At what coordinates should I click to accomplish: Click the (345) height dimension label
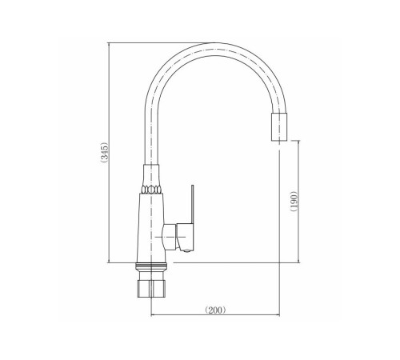104,152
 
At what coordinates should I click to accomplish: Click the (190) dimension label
294,201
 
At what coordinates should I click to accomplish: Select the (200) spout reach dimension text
215,310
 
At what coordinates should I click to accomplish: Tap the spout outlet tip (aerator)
279,126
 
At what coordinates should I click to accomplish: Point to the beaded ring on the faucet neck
151,190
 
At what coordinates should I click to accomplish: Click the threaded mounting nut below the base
151,289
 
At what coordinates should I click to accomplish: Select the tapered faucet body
151,228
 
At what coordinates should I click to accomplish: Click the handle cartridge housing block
185,237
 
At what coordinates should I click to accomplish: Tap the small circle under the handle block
187,250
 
